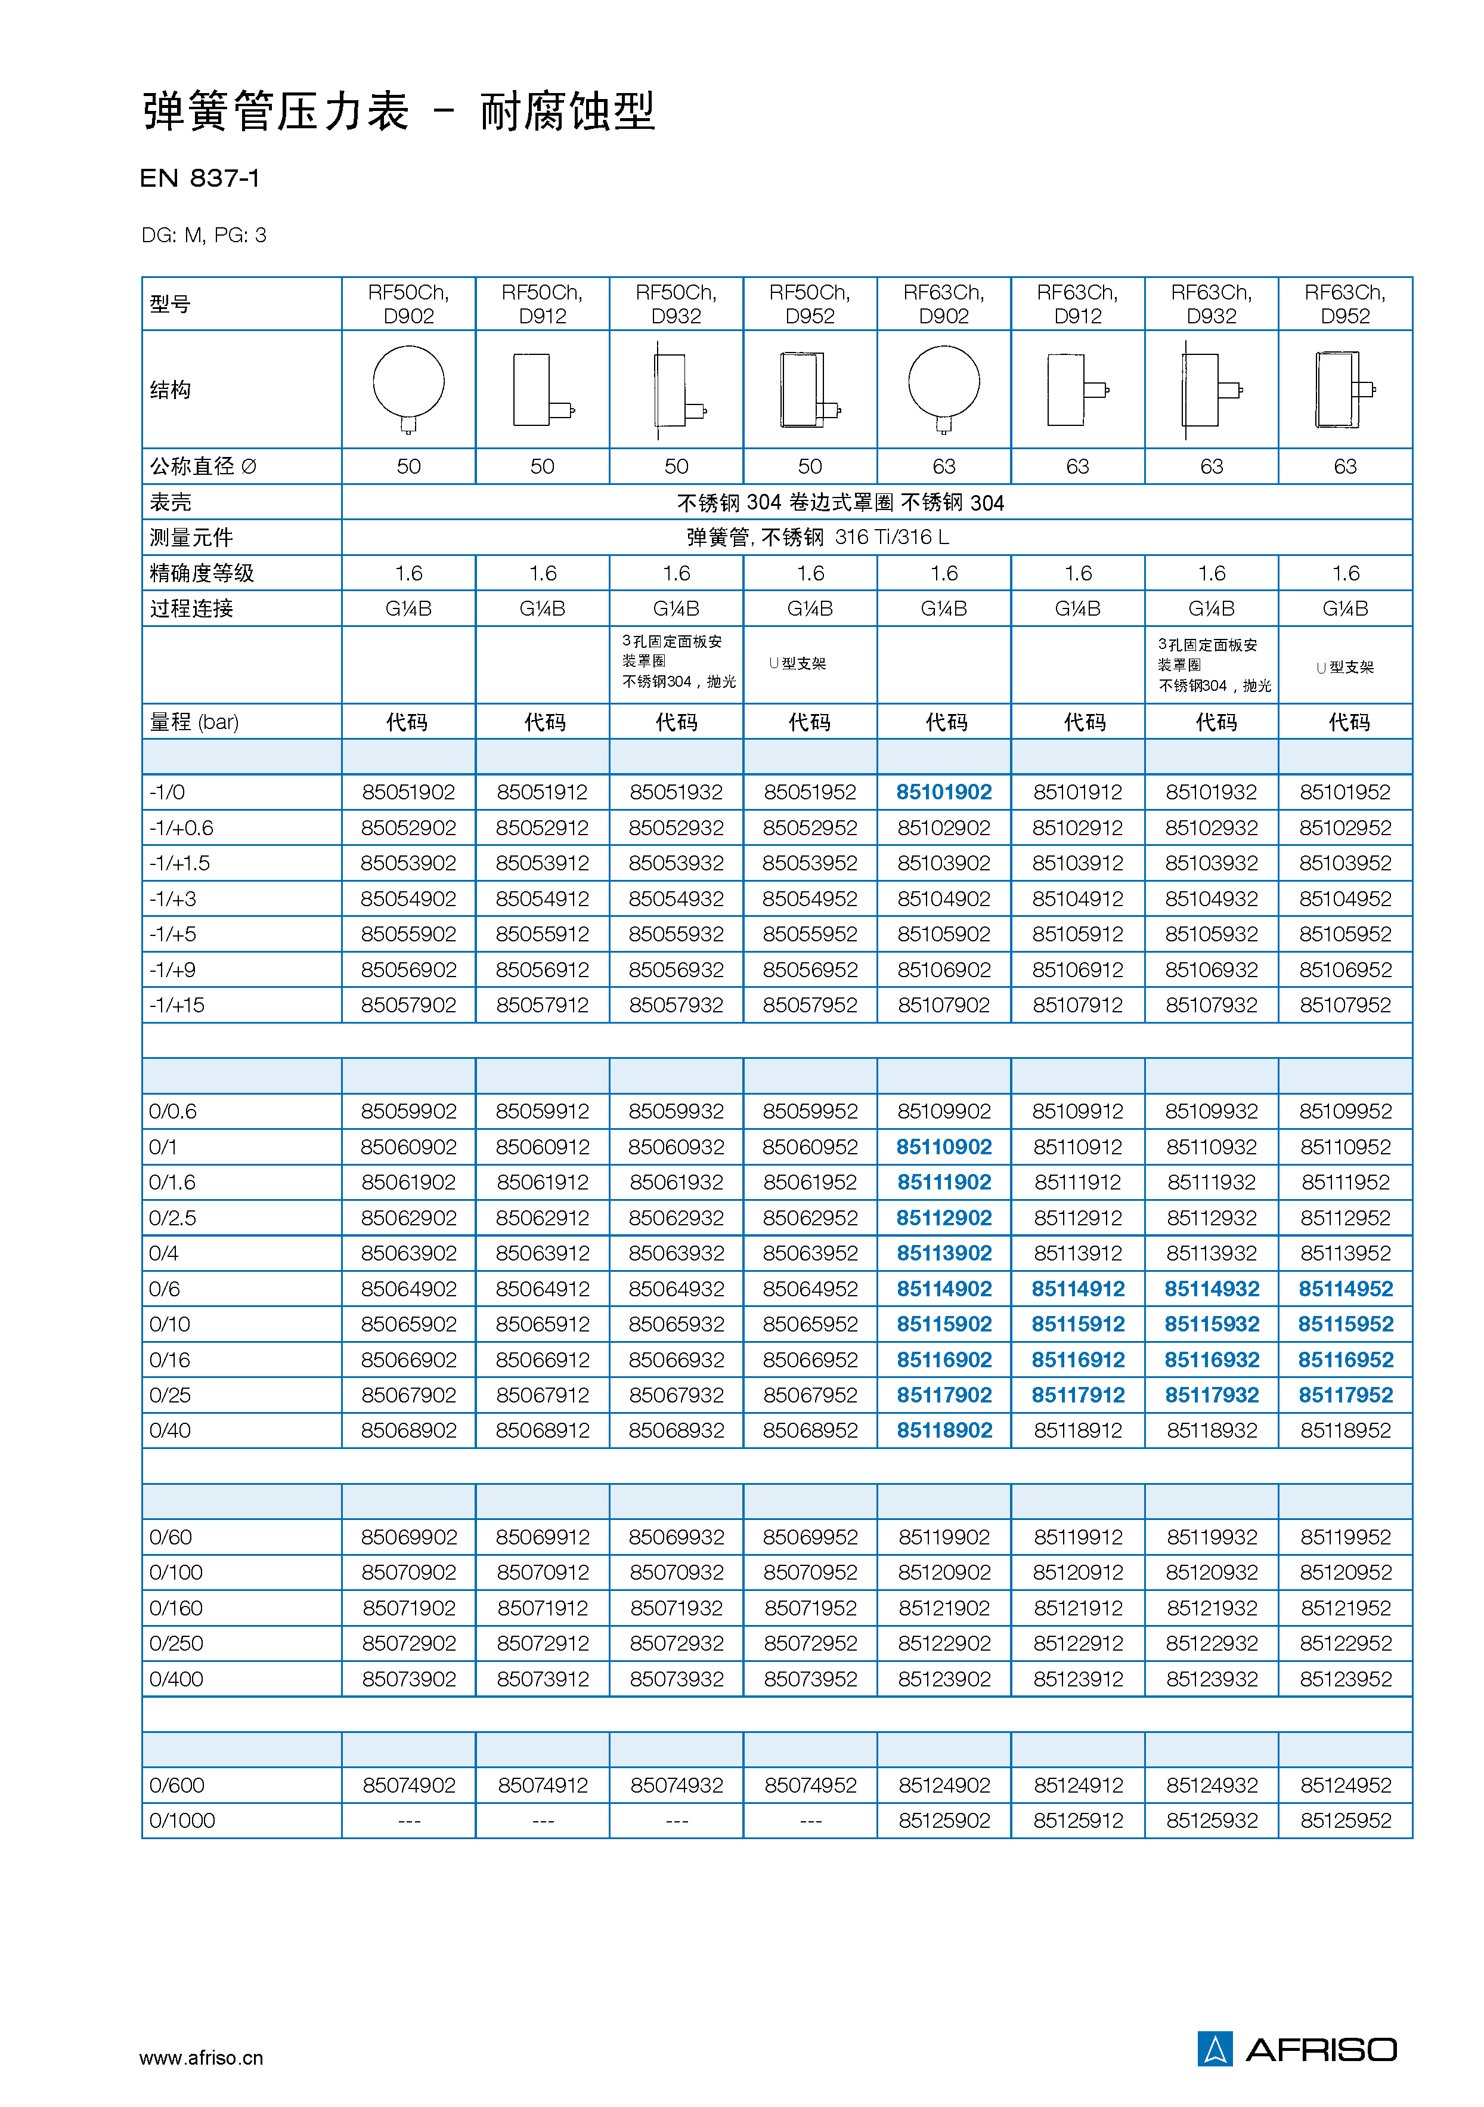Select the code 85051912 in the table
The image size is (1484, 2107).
click(542, 792)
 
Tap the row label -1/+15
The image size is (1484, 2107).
click(177, 1005)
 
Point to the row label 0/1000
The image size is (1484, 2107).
click(182, 1820)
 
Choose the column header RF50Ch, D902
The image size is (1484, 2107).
click(408, 304)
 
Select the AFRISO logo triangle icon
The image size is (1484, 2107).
click(1215, 2049)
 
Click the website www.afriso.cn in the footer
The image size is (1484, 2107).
click(201, 2057)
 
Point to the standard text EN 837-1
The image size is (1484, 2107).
click(200, 178)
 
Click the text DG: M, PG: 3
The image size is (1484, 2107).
click(204, 236)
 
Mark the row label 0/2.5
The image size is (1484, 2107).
click(172, 1218)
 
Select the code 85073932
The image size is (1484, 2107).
click(676, 1679)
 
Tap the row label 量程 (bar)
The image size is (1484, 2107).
click(194, 722)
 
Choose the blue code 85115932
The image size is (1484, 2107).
click(1211, 1324)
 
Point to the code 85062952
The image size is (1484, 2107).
click(810, 1218)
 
